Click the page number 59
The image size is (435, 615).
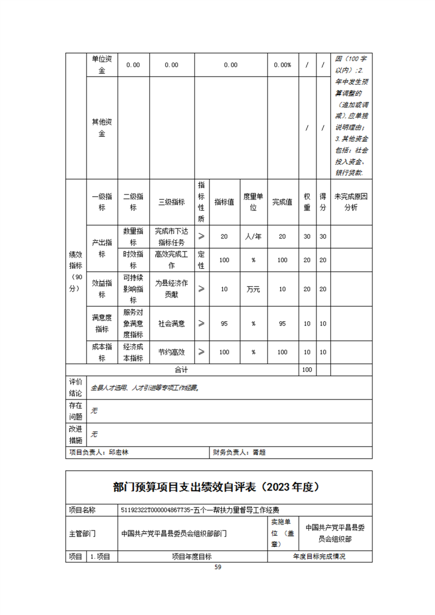click(x=218, y=567)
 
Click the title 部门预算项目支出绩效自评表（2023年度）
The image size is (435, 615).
click(x=217, y=487)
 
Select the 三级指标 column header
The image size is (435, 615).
click(x=172, y=202)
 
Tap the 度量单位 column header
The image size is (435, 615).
click(x=253, y=202)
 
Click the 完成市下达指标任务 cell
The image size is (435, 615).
click(x=172, y=236)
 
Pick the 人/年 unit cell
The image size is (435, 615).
click(x=253, y=236)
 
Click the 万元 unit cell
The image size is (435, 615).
click(x=253, y=289)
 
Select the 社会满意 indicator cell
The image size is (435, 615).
click(x=172, y=323)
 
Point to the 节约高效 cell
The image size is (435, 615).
click(x=172, y=352)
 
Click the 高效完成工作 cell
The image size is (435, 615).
click(x=172, y=260)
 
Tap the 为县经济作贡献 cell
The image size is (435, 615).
click(x=172, y=289)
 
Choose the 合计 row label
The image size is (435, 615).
click(x=182, y=369)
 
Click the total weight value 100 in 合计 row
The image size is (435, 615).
click(x=307, y=369)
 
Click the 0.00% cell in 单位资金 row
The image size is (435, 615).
click(x=283, y=65)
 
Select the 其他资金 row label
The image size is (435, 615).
click(x=102, y=127)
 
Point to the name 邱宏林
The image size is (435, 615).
click(x=119, y=453)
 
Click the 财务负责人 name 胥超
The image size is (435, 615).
click(x=259, y=453)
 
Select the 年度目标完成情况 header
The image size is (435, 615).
click(x=320, y=556)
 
